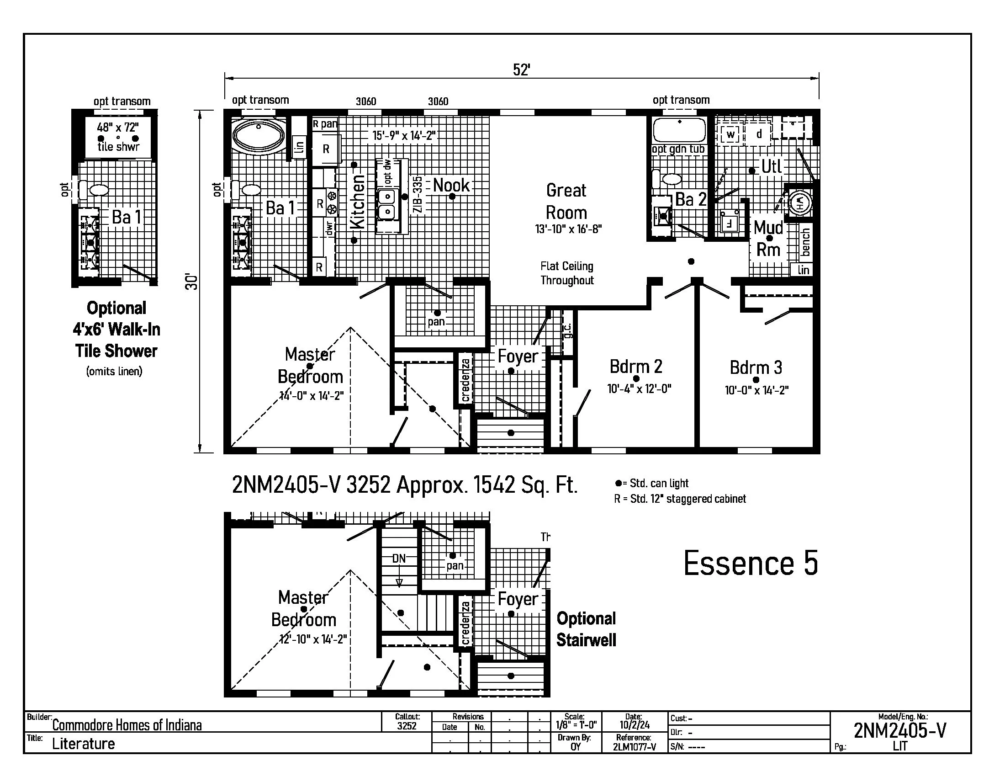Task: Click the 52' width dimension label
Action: pos(521,70)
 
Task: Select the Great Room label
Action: pos(566,202)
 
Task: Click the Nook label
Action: pos(451,185)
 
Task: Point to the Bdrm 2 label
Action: pos(636,367)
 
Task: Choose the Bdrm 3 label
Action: pos(756,367)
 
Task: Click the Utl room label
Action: pos(771,166)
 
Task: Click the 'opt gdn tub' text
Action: pos(678,149)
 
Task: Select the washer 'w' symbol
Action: pos(730,135)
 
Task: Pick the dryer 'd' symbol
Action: pos(759,134)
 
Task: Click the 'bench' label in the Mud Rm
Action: pos(805,242)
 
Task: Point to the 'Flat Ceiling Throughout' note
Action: pos(567,273)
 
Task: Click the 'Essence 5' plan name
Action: pos(751,563)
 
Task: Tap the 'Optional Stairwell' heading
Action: pos(586,629)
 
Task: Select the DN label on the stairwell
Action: pos(399,559)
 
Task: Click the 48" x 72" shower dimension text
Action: pos(118,127)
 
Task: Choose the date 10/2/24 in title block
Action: pos(634,725)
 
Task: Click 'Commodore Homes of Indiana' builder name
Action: pos(127,725)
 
